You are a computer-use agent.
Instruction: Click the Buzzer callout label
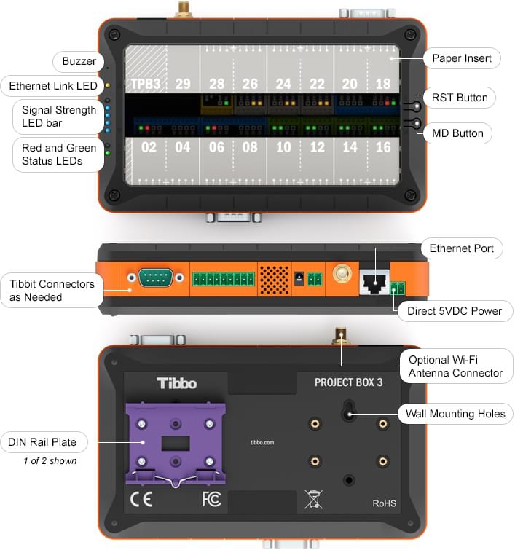point(77,62)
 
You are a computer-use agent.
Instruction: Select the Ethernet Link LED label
point(53,86)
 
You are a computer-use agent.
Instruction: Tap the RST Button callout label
point(460,98)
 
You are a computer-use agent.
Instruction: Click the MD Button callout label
point(457,133)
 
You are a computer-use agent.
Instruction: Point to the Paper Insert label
point(462,58)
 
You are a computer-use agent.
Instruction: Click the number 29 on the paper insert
point(183,85)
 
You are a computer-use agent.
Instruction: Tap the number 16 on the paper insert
point(383,147)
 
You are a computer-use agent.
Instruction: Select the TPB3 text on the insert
point(145,85)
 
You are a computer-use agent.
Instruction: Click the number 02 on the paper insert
point(149,147)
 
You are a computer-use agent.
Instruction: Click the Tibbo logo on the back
point(177,383)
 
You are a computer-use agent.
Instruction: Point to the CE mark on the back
point(141,501)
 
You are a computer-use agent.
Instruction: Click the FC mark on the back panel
point(211,501)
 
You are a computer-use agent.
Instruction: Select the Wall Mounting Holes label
point(455,414)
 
